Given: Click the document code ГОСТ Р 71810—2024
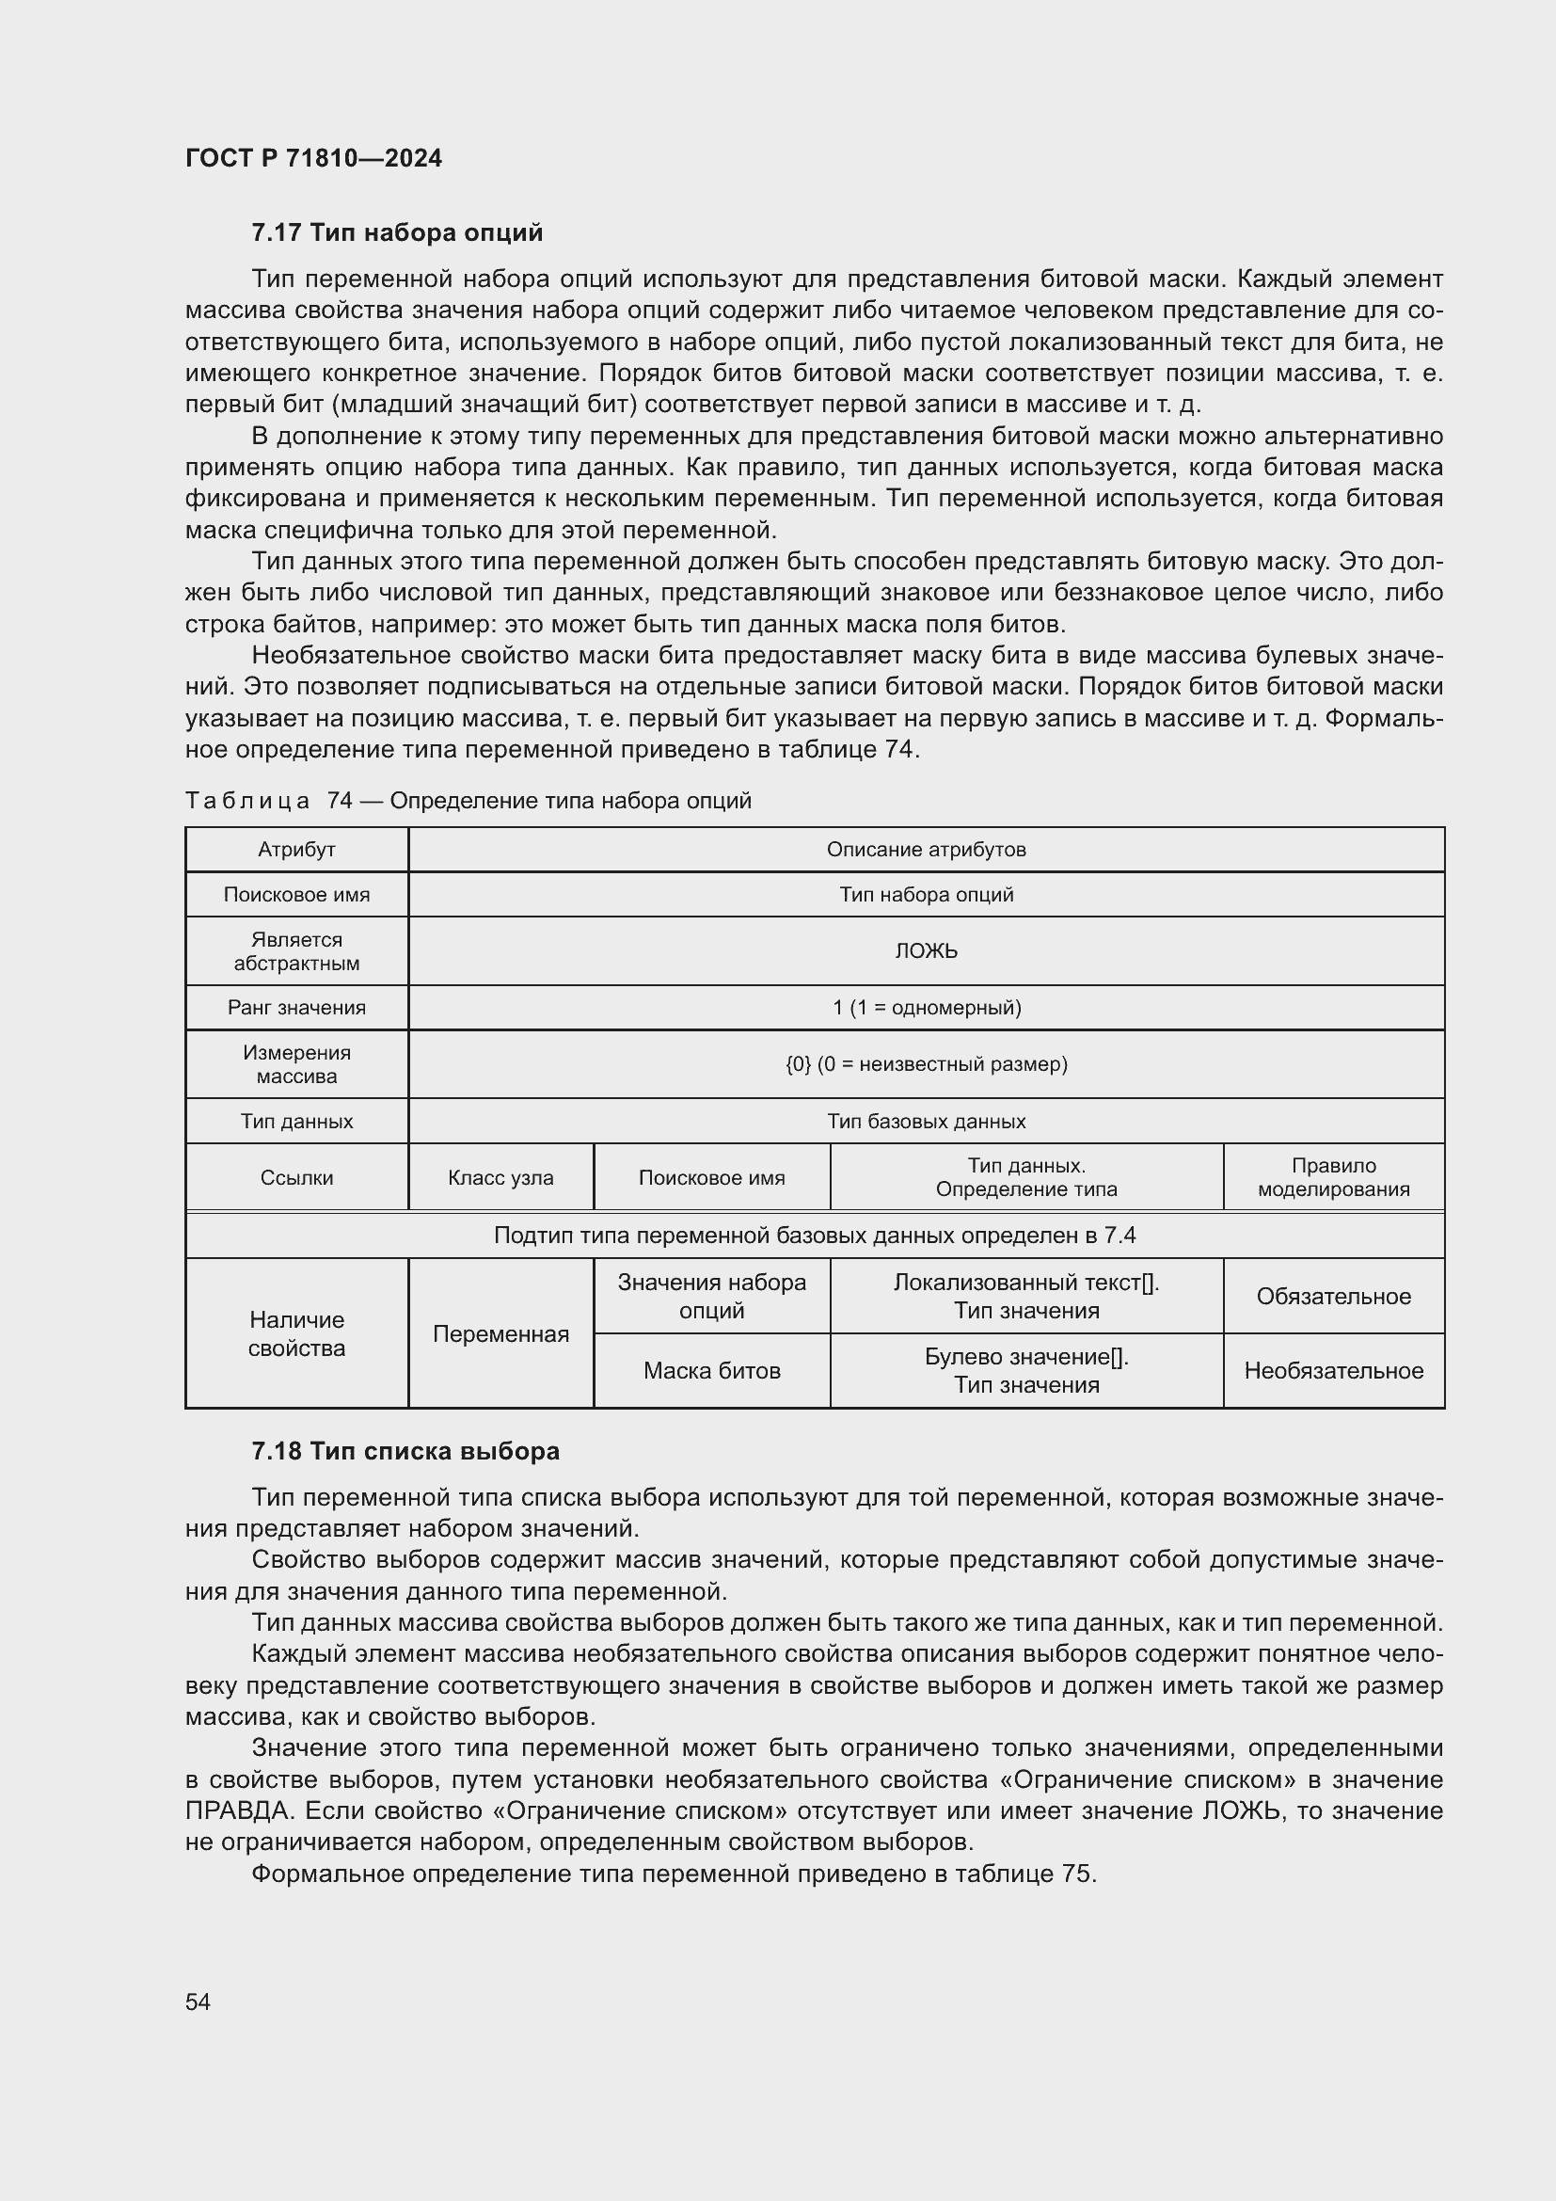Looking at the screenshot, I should click(x=313, y=158).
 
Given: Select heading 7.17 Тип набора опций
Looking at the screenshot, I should click(x=397, y=233).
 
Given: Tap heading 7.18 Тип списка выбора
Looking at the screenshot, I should click(x=405, y=1451).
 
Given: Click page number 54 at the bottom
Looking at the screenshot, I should click(x=198, y=2002).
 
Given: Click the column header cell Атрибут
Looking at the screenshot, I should click(x=296, y=850).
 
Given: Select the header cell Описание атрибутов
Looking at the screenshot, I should click(x=926, y=850).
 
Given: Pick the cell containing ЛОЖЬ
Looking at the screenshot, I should click(x=926, y=951).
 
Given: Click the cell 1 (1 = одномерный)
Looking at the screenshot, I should click(x=926, y=1008).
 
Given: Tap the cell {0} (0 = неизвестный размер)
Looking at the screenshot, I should click(x=926, y=1064).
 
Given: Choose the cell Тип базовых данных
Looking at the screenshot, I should click(x=926, y=1121).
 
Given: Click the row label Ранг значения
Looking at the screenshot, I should click(x=296, y=1008).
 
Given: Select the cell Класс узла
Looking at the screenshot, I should click(x=500, y=1177).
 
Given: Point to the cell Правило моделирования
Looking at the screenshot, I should click(x=1333, y=1177).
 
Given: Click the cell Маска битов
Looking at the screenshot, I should click(x=711, y=1371).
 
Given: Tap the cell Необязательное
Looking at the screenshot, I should click(x=1333, y=1371).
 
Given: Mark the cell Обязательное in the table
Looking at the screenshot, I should click(x=1333, y=1296).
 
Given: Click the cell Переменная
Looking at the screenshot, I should click(x=500, y=1333).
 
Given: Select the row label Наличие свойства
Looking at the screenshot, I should click(x=296, y=1333).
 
